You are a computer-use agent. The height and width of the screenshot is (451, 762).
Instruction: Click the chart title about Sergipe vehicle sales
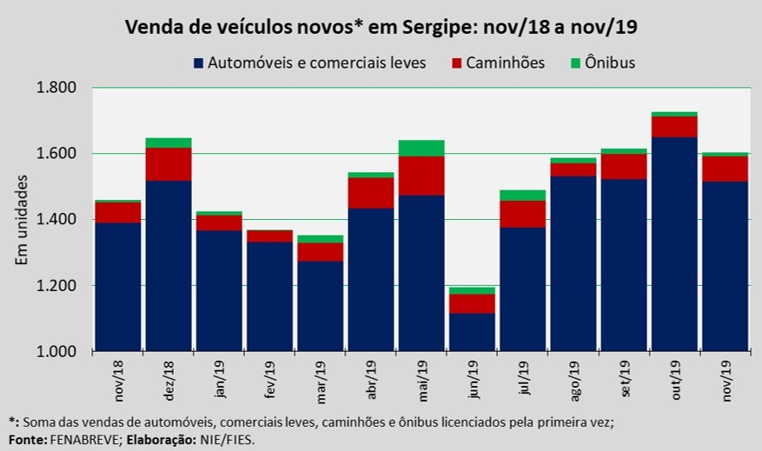[x=381, y=27]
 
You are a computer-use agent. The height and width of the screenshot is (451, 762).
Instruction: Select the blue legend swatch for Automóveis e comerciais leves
[x=199, y=63]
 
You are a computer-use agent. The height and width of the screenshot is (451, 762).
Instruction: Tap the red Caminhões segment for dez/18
[x=169, y=164]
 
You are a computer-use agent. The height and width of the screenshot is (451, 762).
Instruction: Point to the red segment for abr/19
[x=371, y=193]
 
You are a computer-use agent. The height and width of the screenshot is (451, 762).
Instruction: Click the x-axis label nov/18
[x=119, y=378]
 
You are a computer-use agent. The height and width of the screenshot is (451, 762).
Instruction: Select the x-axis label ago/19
[x=573, y=378]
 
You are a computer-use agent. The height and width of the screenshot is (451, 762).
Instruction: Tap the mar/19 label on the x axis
[x=321, y=378]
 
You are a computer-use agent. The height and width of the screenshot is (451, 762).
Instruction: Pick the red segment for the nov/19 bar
[x=725, y=169]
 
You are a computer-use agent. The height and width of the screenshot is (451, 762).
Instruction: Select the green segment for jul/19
[x=523, y=195]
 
